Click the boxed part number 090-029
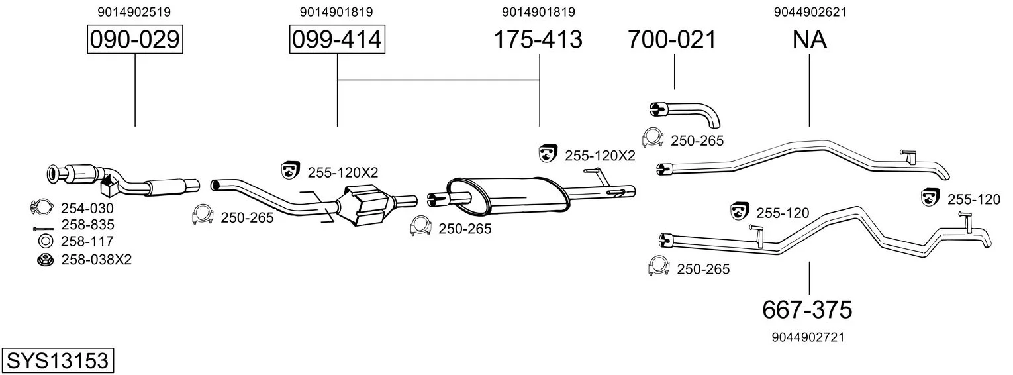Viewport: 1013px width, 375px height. (x=135, y=39)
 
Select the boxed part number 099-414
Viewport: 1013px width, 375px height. (x=337, y=39)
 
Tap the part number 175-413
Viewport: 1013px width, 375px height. (x=538, y=39)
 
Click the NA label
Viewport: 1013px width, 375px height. (x=810, y=39)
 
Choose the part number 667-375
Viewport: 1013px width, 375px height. (x=807, y=310)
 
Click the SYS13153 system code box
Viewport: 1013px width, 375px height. (x=58, y=361)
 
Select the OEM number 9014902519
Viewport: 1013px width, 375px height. (x=134, y=12)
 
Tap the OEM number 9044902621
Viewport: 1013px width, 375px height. (x=810, y=12)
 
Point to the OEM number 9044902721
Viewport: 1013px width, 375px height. (x=808, y=337)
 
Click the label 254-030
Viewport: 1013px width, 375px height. (x=87, y=209)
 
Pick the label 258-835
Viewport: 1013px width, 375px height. (x=88, y=225)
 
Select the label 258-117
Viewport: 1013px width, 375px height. (x=87, y=242)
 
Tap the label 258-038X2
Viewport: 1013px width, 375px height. (x=96, y=260)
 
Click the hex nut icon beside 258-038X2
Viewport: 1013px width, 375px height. (x=46, y=260)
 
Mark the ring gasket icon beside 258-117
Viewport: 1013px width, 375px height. (x=45, y=242)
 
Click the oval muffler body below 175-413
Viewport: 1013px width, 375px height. (x=508, y=196)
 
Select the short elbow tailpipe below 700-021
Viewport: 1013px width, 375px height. (x=684, y=113)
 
